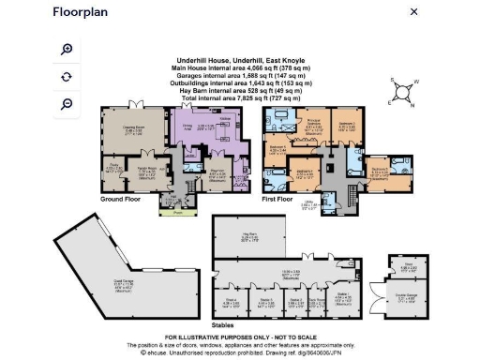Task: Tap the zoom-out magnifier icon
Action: click(x=67, y=103)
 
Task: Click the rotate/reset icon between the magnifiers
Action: click(x=67, y=76)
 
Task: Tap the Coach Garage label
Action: click(x=98, y=279)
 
